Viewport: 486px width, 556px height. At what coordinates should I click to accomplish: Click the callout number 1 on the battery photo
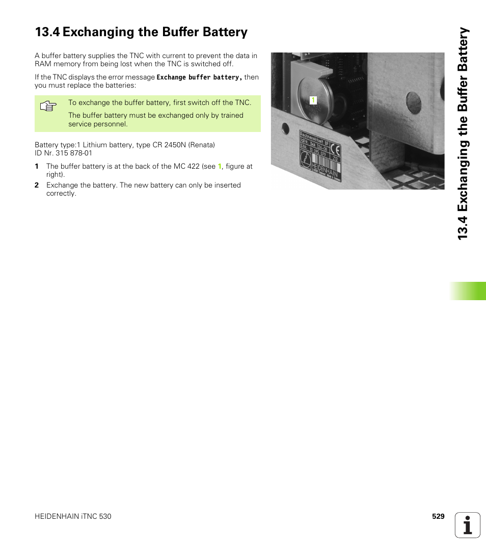313,100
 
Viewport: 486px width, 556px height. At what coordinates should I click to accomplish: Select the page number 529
438,516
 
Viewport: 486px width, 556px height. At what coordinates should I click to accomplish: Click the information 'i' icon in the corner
468,525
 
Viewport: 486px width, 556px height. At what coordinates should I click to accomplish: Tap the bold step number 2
37,185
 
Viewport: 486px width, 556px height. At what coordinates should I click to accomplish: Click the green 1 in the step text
220,166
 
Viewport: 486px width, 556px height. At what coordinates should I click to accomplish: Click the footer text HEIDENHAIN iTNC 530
73,516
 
